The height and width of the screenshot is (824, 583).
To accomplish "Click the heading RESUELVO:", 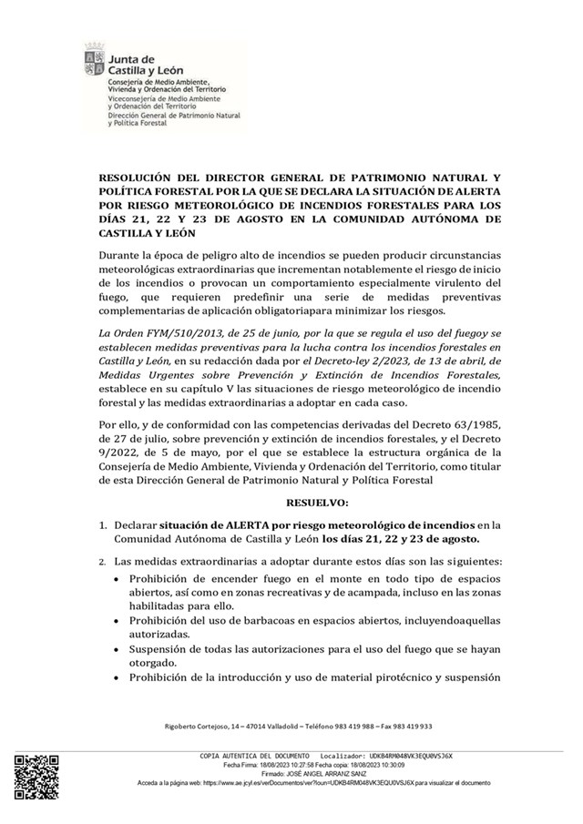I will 317,502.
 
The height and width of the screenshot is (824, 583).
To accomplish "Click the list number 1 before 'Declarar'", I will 102,525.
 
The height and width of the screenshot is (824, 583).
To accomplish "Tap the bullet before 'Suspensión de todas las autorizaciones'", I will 116,649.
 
